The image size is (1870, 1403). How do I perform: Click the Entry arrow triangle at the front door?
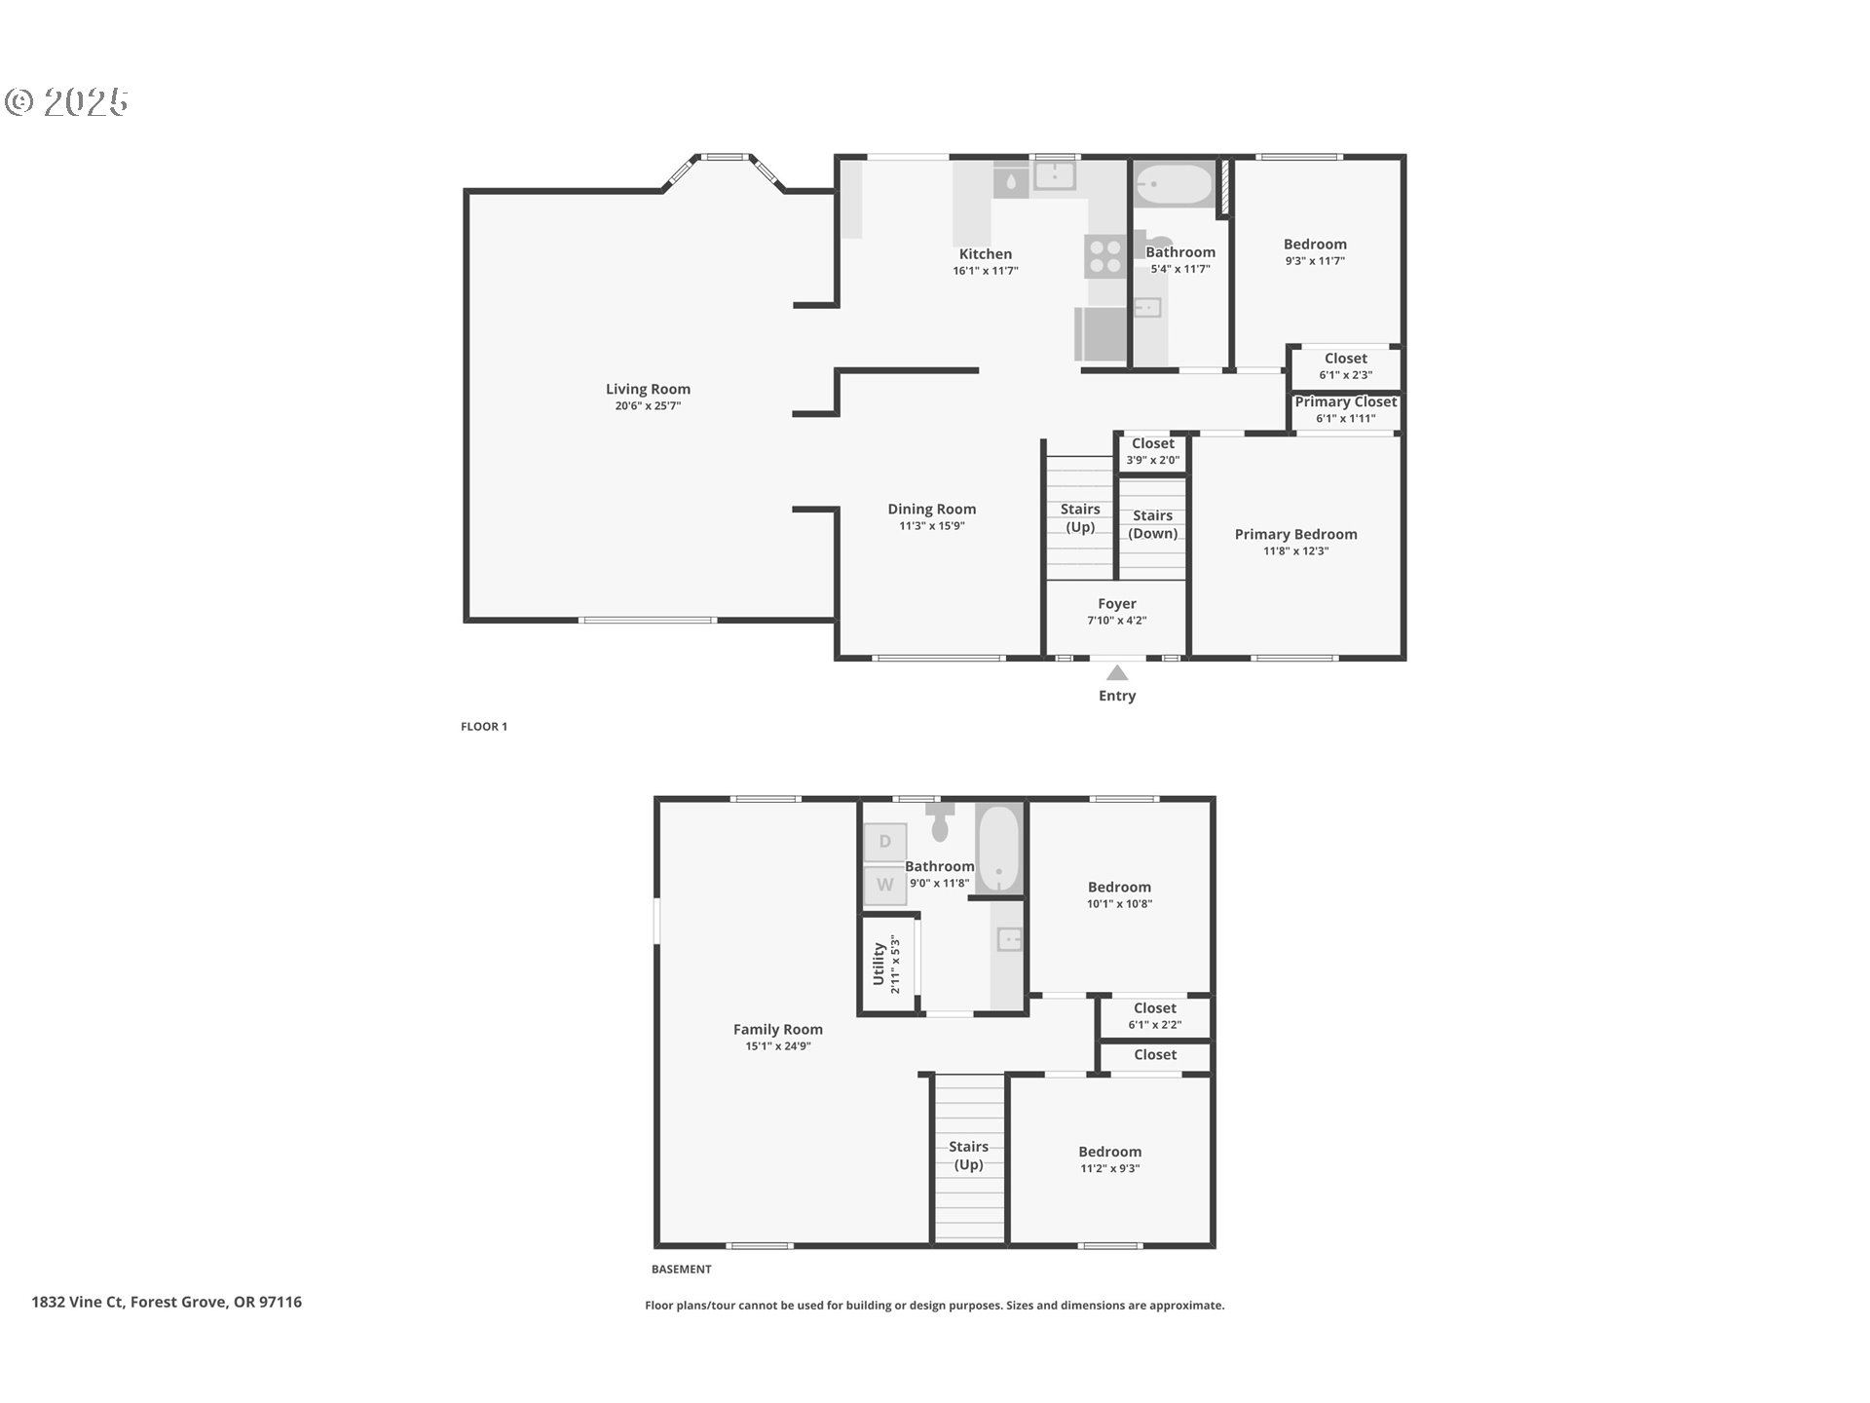point(1116,673)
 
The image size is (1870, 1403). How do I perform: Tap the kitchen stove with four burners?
point(1105,256)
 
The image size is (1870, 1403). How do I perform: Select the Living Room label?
point(648,389)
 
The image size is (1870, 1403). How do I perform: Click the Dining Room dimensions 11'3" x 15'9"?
point(931,526)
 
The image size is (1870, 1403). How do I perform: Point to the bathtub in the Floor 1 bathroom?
point(1175,183)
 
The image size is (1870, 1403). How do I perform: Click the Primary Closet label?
point(1345,401)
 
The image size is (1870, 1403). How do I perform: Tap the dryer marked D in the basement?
point(884,842)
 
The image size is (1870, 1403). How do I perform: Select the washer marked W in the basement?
point(884,885)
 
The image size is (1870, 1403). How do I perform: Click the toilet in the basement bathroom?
point(940,824)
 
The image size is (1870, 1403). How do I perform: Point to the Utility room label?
point(879,964)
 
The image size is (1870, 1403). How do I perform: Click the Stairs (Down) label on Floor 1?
point(1152,524)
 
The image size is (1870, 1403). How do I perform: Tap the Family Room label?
point(777,1029)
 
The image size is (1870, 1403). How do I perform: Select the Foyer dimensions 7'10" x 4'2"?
point(1116,621)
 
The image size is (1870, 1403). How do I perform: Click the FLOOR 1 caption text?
point(484,726)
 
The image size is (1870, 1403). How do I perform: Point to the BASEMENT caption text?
point(681,1269)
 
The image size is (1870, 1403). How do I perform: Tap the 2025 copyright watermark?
point(68,101)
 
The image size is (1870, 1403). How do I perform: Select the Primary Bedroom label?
point(1295,534)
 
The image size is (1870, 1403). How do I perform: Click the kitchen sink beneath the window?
point(1053,175)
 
